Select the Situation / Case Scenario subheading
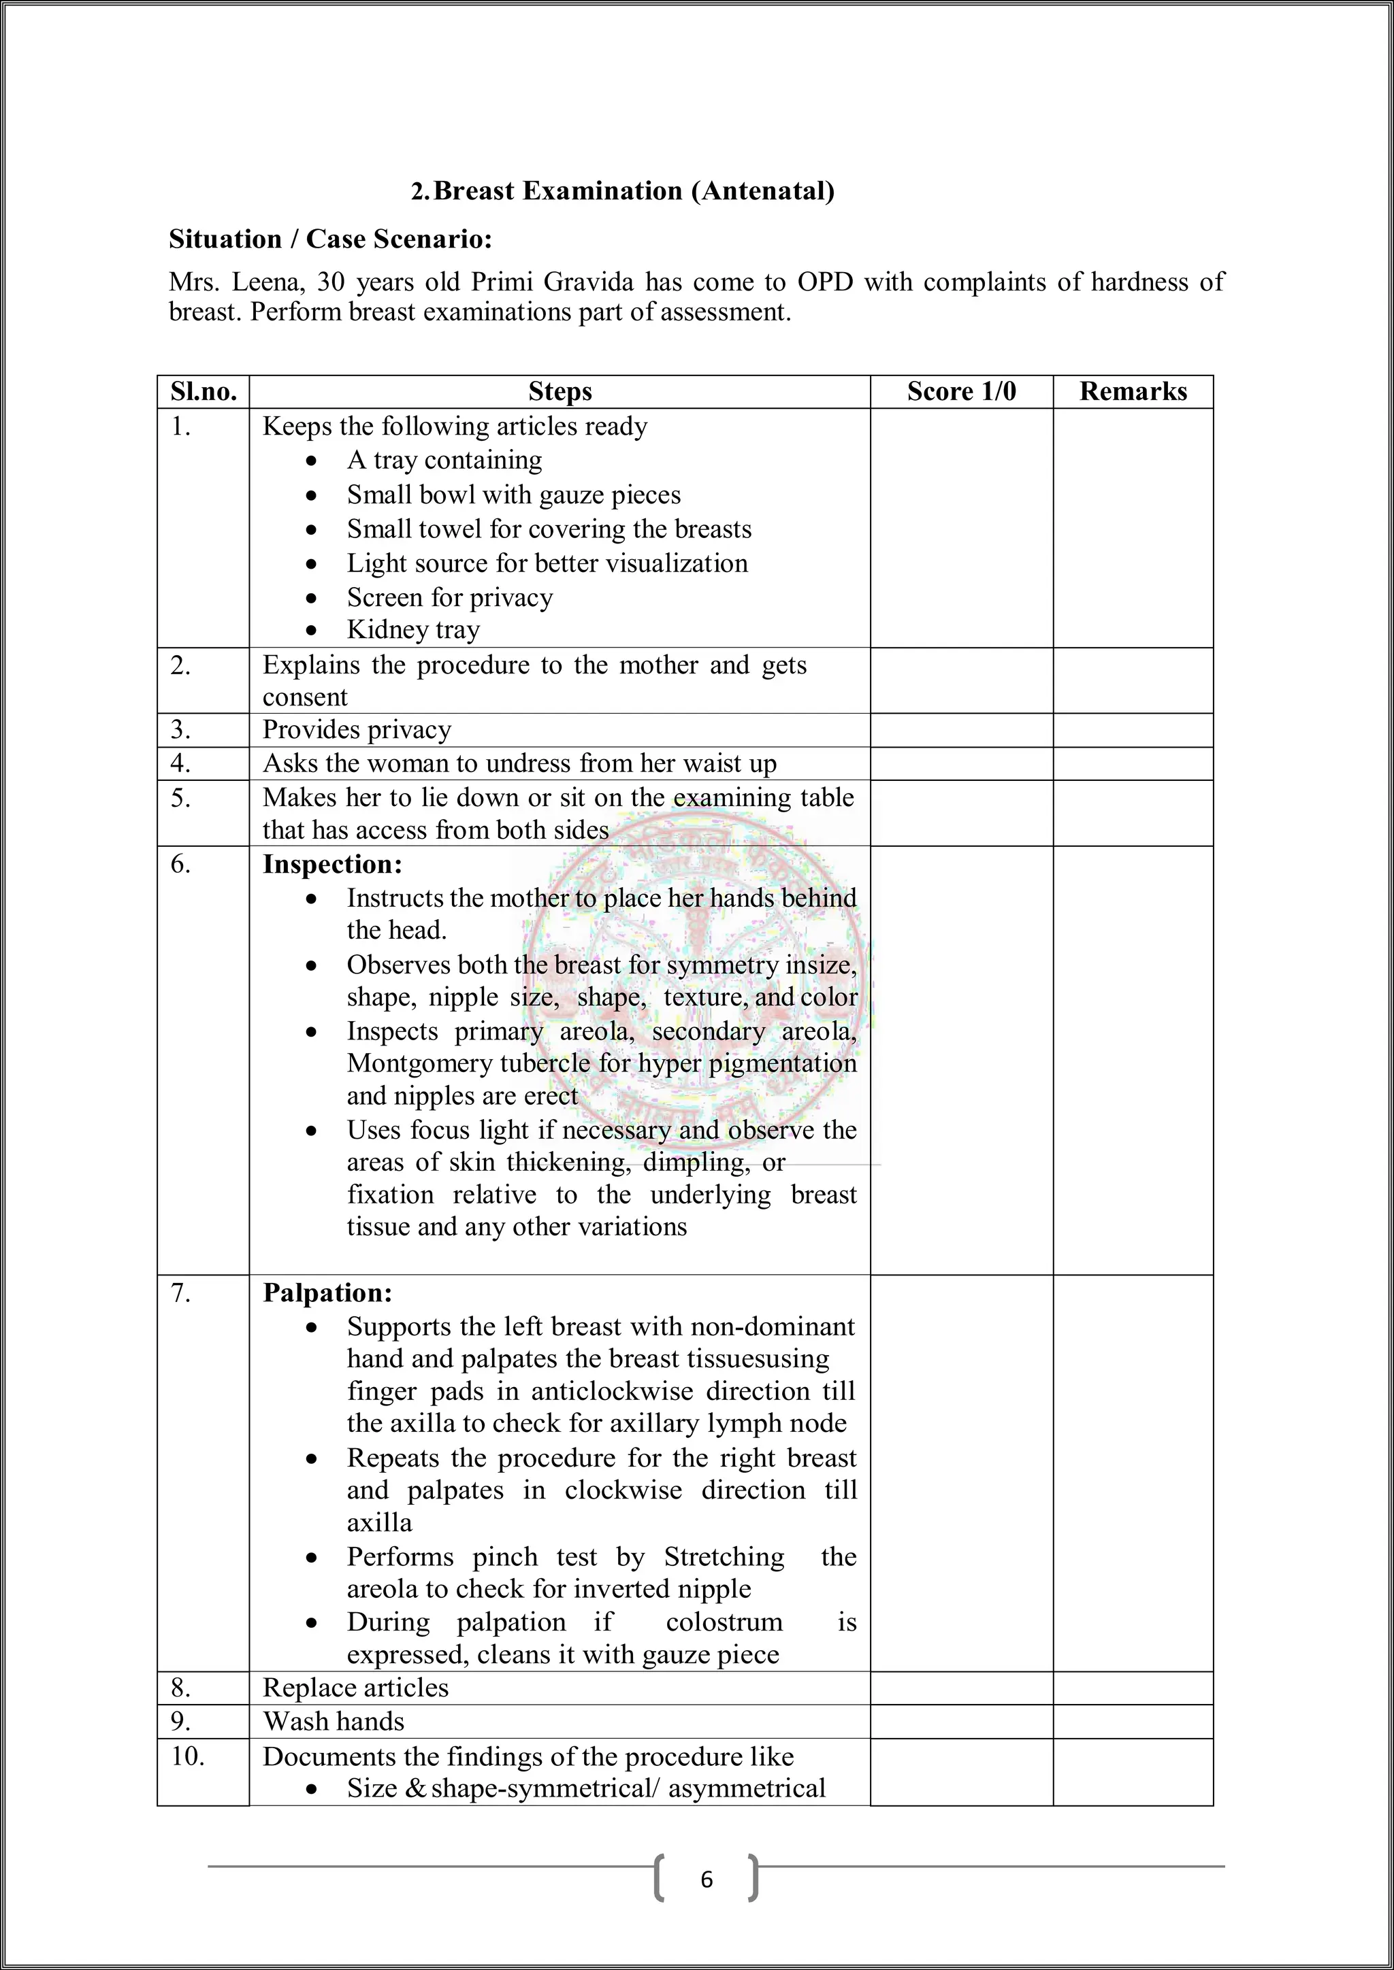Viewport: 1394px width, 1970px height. [x=331, y=239]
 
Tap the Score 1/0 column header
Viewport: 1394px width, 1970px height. [x=960, y=391]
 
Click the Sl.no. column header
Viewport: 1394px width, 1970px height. [x=204, y=391]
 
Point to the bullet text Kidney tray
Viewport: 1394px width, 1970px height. [x=413, y=630]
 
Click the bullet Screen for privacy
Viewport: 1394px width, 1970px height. [x=450, y=597]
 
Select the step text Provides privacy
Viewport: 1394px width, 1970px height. [x=356, y=729]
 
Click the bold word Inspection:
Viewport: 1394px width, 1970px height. [x=332, y=864]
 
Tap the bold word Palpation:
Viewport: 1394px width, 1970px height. [x=327, y=1293]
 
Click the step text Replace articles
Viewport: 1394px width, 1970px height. [x=355, y=1688]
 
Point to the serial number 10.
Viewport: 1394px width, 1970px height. [x=187, y=1756]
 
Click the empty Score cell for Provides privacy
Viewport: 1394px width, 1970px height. [x=960, y=730]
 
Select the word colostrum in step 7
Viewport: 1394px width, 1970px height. [x=724, y=1622]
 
